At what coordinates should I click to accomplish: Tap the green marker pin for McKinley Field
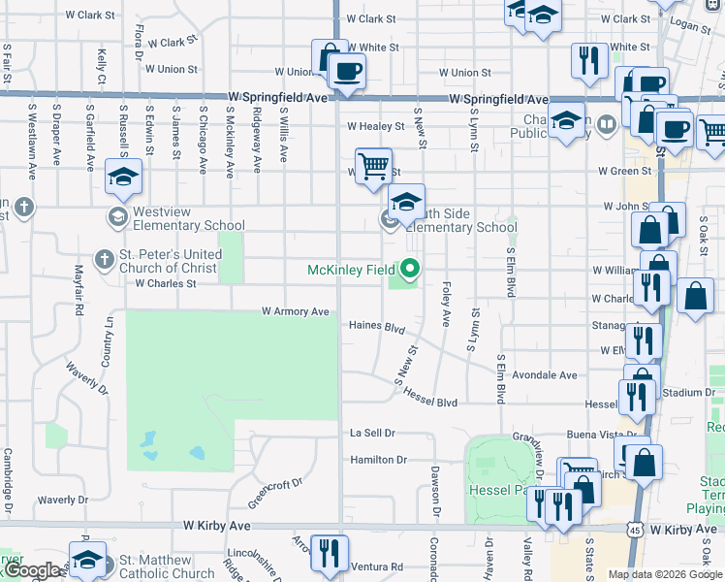[410, 269]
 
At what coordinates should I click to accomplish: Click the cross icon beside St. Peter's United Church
[103, 259]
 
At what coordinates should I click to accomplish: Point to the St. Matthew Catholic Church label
[166, 566]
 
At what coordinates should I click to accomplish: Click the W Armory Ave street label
[296, 311]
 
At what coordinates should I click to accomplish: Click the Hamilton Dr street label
[378, 460]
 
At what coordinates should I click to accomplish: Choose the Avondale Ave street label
[546, 375]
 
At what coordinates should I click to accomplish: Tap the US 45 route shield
[632, 530]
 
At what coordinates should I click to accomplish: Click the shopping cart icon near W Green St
[372, 165]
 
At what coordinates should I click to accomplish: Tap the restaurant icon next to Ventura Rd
[329, 553]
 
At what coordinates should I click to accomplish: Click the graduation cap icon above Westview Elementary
[123, 177]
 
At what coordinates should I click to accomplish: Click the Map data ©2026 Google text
[665, 574]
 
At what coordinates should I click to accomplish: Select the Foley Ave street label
[446, 305]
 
